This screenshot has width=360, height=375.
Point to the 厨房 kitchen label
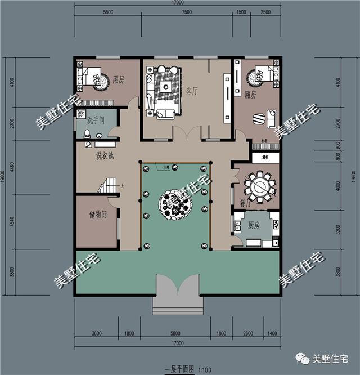pyautogui.click(x=254, y=225)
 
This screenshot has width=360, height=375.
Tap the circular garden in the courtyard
pyautogui.click(x=176, y=203)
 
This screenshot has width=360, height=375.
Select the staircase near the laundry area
pyautogui.click(x=108, y=184)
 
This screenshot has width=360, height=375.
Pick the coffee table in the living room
pyautogui.click(x=165, y=87)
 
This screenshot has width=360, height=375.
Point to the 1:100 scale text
pyautogui.click(x=203, y=369)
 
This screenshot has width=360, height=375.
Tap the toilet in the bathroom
pyautogui.click(x=87, y=134)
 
